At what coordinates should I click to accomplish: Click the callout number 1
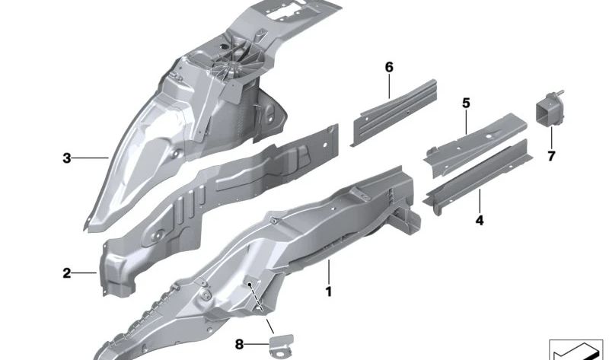(329, 292)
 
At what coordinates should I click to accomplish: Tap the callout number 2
(67, 273)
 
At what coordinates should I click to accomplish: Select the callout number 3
(67, 158)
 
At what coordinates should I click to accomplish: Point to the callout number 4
(480, 221)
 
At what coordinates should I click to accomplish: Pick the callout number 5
(466, 104)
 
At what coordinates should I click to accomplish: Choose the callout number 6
(389, 67)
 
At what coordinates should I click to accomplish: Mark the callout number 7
(551, 157)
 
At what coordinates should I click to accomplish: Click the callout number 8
(239, 344)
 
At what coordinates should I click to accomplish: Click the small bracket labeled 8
(282, 345)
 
